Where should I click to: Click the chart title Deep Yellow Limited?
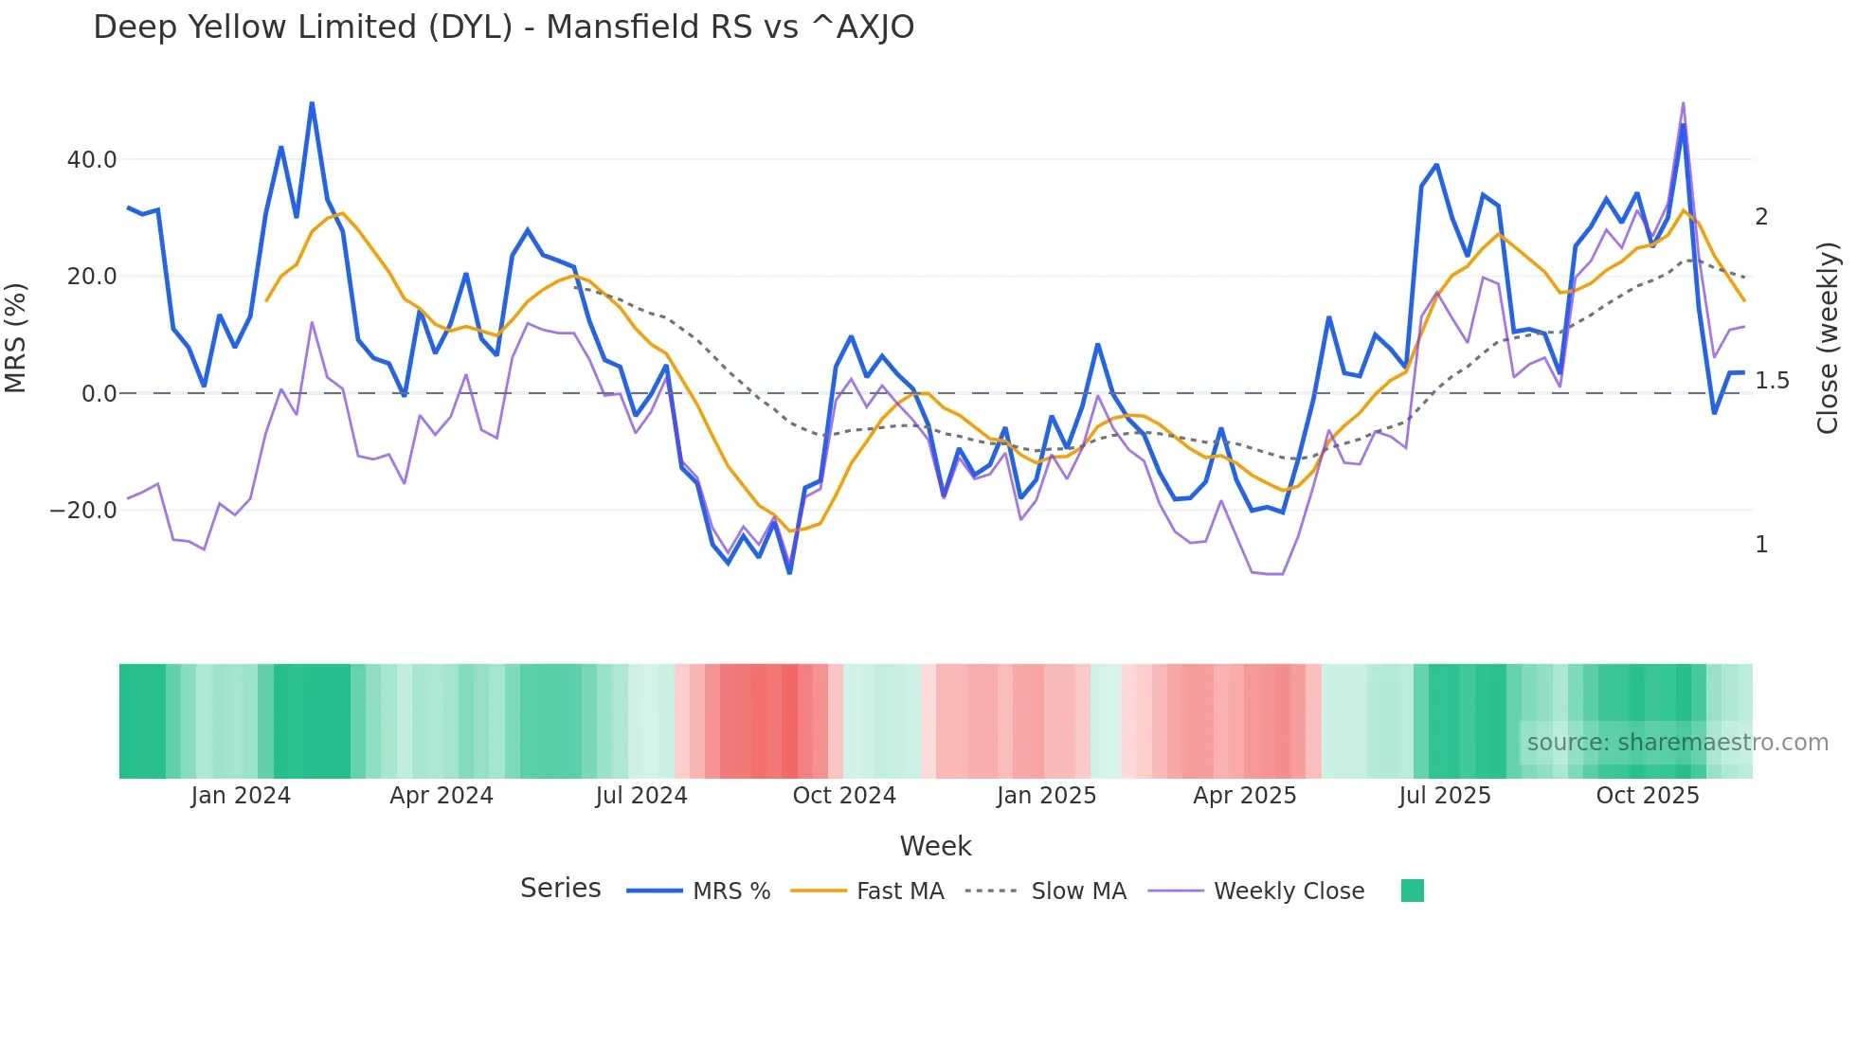[x=503, y=27]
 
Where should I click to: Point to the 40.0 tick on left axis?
[x=92, y=160]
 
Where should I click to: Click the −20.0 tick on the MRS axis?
[x=83, y=511]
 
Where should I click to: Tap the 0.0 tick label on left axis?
[x=99, y=394]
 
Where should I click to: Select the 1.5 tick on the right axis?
[x=1772, y=381]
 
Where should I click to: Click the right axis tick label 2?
[x=1761, y=217]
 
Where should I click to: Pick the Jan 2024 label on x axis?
[x=241, y=796]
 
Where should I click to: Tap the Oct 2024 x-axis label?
[x=844, y=796]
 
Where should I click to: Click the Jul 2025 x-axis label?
[x=1445, y=796]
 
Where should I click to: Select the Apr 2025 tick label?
[x=1244, y=796]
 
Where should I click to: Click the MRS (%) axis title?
[x=16, y=338]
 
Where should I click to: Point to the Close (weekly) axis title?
[x=1828, y=338]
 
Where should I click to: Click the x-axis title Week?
[x=935, y=846]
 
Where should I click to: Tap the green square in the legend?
[x=1412, y=891]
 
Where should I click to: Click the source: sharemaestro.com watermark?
[x=1677, y=743]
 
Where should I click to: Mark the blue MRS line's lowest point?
[x=789, y=572]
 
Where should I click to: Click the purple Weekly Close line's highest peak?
[x=1683, y=102]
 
